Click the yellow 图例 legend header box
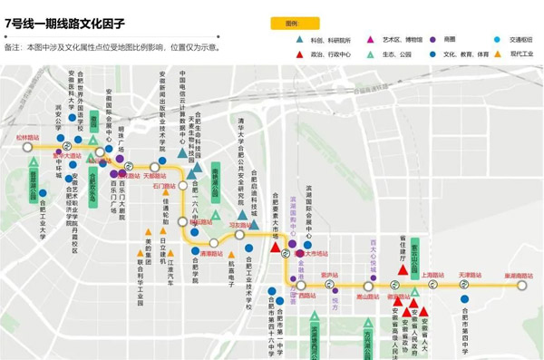(291, 23)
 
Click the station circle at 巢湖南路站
(523, 285)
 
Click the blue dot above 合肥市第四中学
(464, 301)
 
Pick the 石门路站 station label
(163, 187)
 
